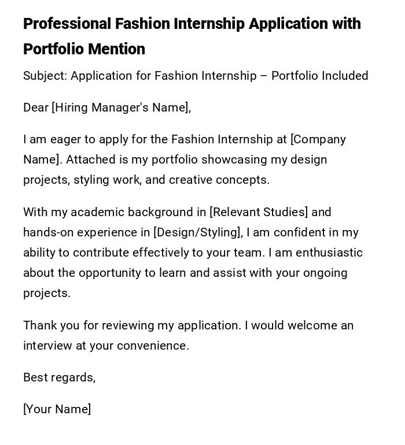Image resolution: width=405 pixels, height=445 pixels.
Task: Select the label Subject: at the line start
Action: point(45,76)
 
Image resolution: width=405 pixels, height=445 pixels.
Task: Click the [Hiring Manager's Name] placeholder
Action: point(121,107)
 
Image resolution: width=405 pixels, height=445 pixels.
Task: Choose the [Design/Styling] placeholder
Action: point(198,232)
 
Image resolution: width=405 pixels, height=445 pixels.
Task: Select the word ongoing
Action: point(326,273)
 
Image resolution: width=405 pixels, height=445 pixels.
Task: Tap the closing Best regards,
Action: point(59,377)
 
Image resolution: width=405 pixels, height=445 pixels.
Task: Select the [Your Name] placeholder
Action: point(57,409)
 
